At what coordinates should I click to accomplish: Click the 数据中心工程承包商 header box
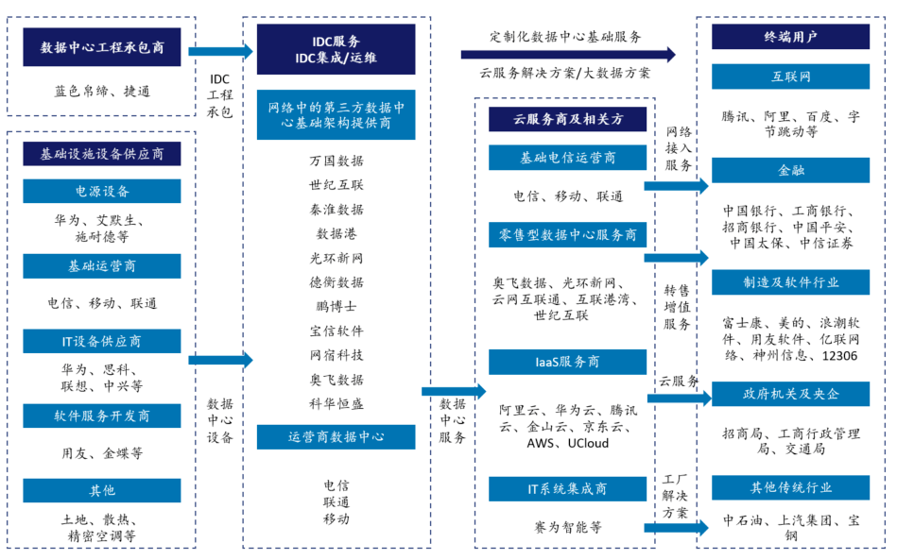(102, 47)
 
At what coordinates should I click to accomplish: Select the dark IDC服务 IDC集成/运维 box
(336, 50)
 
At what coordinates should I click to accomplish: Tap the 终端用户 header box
(790, 37)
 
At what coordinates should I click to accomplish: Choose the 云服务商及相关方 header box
(567, 119)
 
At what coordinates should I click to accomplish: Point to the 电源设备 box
(102, 192)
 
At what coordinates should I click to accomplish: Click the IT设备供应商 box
(102, 341)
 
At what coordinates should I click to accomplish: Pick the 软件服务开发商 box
(102, 416)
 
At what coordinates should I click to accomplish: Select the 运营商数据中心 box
(336, 437)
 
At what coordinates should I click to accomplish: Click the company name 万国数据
(336, 161)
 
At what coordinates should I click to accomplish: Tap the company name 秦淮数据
(336, 210)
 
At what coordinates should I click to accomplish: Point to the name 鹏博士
(336, 307)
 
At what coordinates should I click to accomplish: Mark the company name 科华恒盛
(336, 404)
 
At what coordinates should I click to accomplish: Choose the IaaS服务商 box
(567, 363)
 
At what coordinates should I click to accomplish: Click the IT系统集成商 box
(567, 489)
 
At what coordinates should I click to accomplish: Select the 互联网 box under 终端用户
(790, 76)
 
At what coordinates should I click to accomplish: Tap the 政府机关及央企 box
(790, 394)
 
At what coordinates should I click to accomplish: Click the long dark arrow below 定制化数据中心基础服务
(568, 55)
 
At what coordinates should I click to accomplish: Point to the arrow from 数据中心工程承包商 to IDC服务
(221, 51)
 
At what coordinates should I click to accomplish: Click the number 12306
(839, 356)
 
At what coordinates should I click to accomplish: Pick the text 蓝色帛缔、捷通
(102, 92)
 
